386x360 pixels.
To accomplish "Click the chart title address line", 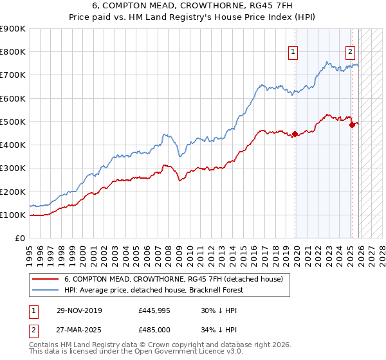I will pos(193,6).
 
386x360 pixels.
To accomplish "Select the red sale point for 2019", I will pos(295,134).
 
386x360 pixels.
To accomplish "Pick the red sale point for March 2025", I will pos(352,125).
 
